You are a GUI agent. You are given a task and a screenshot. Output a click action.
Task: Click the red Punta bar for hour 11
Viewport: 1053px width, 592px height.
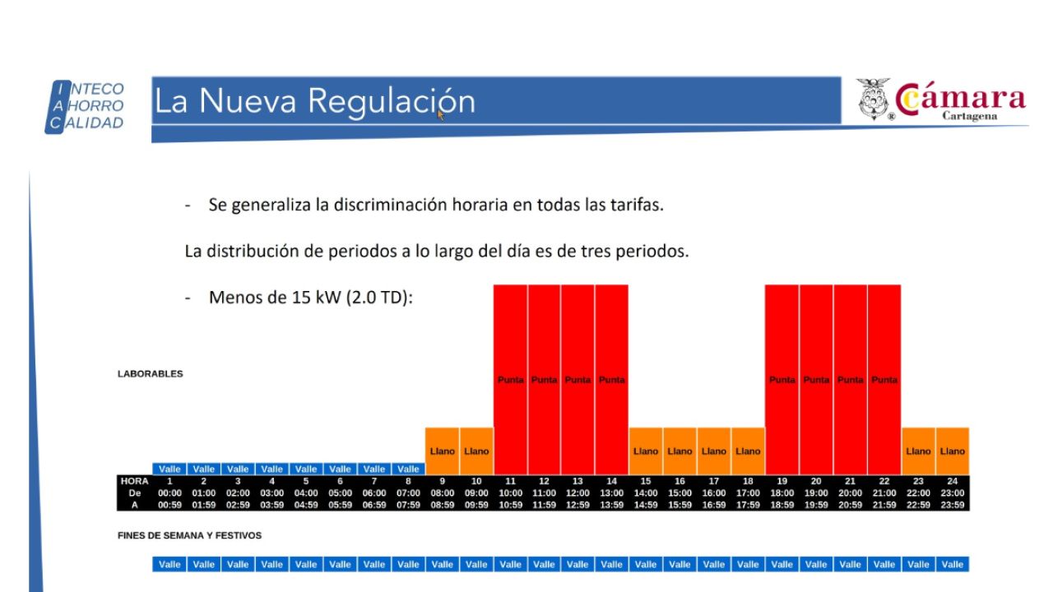click(x=510, y=380)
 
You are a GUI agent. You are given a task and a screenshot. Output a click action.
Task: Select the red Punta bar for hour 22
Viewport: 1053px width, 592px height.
click(x=884, y=380)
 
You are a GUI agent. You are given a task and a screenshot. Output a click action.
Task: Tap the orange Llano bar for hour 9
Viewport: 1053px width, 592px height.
click(x=443, y=451)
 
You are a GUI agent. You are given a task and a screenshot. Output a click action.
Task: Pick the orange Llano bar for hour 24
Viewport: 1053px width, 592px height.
click(x=953, y=451)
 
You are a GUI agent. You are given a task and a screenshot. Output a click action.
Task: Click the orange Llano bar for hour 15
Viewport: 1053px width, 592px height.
click(x=646, y=451)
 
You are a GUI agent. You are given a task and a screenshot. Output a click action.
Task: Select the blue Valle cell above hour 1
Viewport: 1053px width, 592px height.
click(x=169, y=469)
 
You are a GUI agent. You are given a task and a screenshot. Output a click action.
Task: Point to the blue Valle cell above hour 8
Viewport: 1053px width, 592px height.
click(x=408, y=469)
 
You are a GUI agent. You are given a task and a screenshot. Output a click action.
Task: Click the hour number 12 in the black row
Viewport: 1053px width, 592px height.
click(x=544, y=481)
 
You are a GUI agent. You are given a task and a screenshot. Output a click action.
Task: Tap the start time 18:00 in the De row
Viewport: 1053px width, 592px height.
click(x=782, y=493)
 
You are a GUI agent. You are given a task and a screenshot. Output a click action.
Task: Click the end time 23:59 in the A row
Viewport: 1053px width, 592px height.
click(x=953, y=505)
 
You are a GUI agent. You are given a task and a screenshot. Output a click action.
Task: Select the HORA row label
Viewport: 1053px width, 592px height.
click(x=134, y=481)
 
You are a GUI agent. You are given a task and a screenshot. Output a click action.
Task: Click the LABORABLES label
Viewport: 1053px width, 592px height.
click(x=151, y=374)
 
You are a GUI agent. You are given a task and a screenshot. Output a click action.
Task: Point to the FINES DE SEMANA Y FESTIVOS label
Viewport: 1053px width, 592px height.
click(x=189, y=536)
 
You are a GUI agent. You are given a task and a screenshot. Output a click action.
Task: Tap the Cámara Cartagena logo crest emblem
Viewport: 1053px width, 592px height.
click(x=874, y=99)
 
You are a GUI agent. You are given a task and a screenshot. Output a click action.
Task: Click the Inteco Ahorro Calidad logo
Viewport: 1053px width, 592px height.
click(x=86, y=106)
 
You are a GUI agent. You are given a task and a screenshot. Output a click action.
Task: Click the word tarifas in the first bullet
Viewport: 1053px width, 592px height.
click(x=635, y=205)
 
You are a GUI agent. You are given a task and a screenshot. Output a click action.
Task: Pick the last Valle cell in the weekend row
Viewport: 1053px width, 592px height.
click(x=953, y=564)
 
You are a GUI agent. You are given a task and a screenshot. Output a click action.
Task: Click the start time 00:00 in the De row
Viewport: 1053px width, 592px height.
click(x=169, y=493)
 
